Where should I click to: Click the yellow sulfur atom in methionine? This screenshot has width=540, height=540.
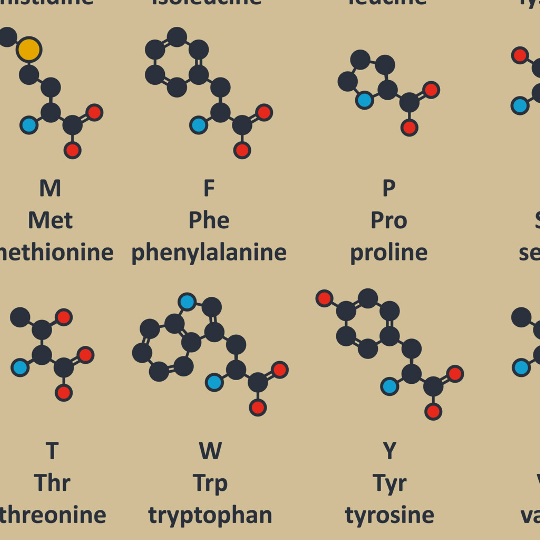click(29, 50)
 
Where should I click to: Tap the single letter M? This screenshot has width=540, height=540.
click(50, 188)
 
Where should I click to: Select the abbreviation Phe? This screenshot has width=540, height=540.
click(209, 220)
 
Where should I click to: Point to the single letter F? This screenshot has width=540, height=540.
click(209, 188)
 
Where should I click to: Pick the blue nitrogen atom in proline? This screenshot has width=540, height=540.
click(364, 100)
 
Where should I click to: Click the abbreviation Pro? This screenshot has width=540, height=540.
click(388, 220)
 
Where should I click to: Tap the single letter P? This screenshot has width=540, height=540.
click(389, 188)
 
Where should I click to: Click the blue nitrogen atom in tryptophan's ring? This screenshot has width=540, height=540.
click(187, 301)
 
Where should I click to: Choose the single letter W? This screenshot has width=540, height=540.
click(210, 450)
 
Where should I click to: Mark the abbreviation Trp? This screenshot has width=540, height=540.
click(210, 483)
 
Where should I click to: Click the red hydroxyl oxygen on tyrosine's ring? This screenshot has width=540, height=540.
click(324, 298)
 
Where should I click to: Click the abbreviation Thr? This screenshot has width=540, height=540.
click(52, 483)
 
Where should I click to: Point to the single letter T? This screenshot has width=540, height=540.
click(52, 450)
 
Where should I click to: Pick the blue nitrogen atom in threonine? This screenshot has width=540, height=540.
click(20, 367)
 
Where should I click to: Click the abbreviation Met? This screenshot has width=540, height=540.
click(50, 220)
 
